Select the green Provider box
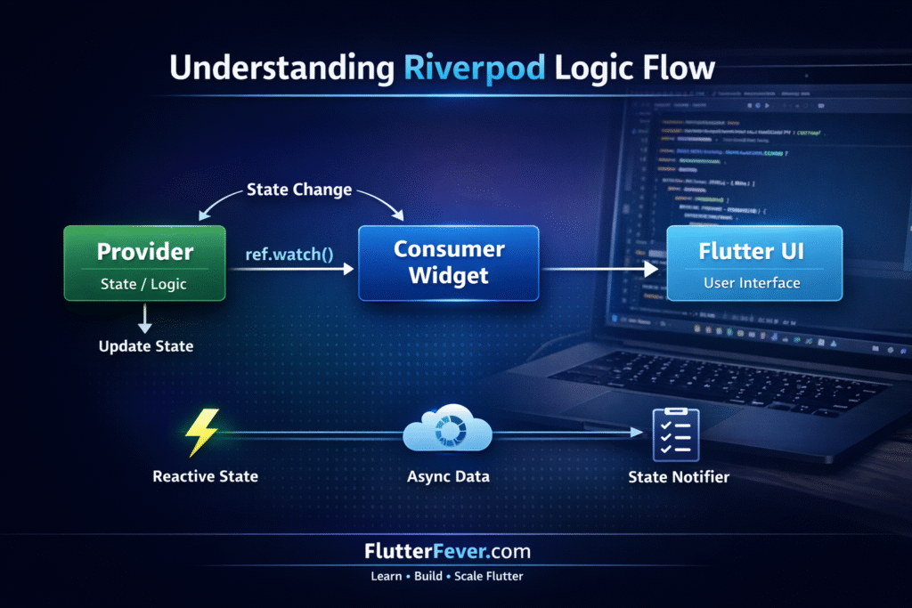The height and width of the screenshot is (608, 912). pos(144,263)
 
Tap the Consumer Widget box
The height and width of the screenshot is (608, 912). pos(448,263)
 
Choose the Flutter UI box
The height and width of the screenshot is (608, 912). pos(754,263)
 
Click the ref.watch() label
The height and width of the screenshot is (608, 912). pos(289,254)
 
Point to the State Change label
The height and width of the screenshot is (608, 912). pos(299,190)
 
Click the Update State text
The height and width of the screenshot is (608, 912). pos(145,345)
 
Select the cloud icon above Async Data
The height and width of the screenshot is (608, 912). pos(448,432)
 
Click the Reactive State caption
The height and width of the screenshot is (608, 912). pos(206,476)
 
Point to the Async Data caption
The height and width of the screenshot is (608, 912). pos(447,476)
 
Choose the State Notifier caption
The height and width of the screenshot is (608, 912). pos(679,477)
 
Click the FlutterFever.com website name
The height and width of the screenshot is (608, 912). pos(446,552)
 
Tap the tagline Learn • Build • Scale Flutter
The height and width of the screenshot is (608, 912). pos(446,576)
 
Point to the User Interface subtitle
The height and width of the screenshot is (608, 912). pos(753,283)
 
